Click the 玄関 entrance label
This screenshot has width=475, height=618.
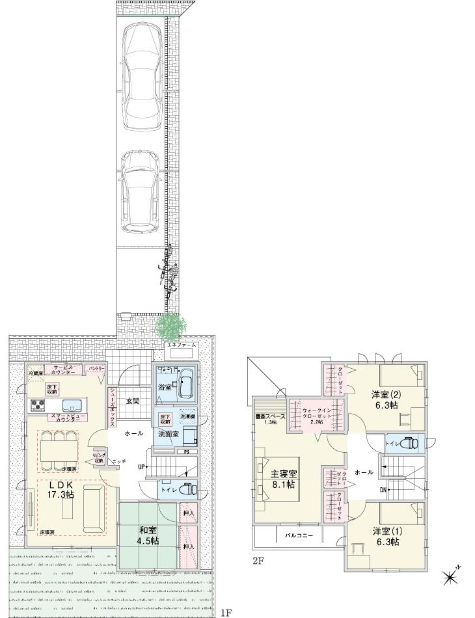(x=133, y=400)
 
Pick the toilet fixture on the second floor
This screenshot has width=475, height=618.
(x=410, y=445)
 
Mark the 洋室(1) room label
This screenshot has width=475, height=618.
(x=386, y=536)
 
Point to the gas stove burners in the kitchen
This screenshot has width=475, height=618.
(x=36, y=405)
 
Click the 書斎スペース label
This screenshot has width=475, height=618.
(x=270, y=417)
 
